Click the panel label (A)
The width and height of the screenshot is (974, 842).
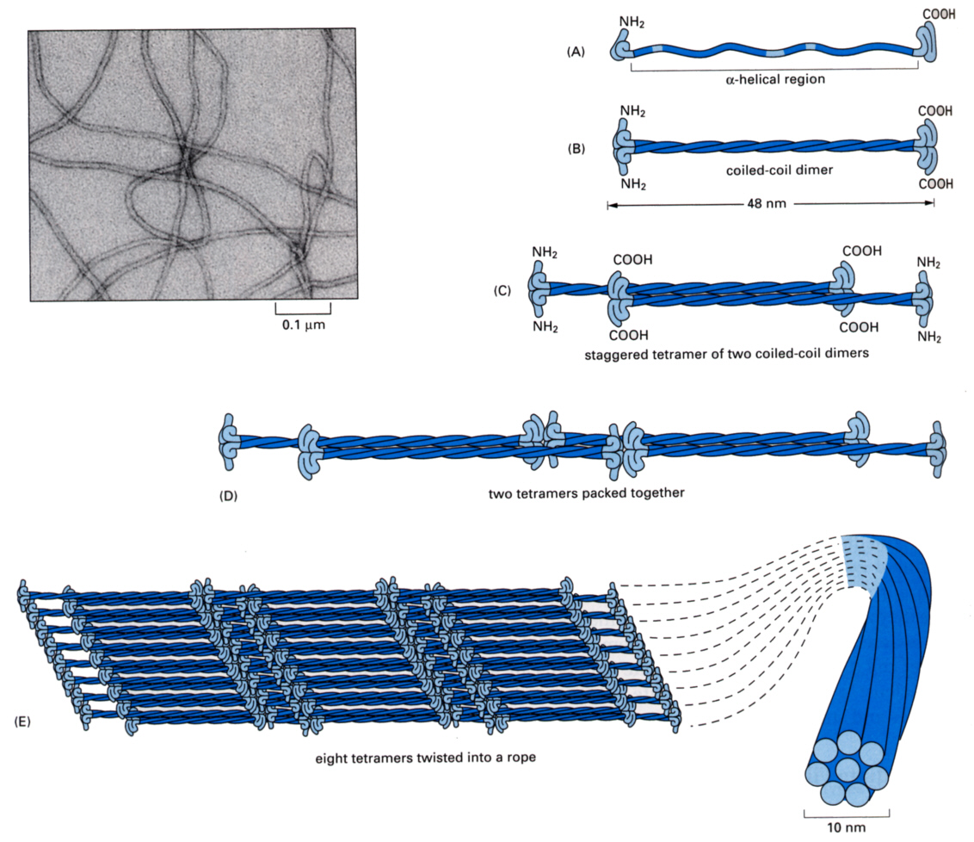click(x=576, y=52)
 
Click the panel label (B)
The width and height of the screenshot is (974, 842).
click(x=576, y=148)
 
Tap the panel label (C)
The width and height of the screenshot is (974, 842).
click(x=502, y=290)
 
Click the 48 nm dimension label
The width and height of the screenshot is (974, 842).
click(x=769, y=204)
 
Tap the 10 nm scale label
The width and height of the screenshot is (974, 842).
click(x=846, y=827)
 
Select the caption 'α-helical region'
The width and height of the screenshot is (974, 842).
click(x=774, y=80)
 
